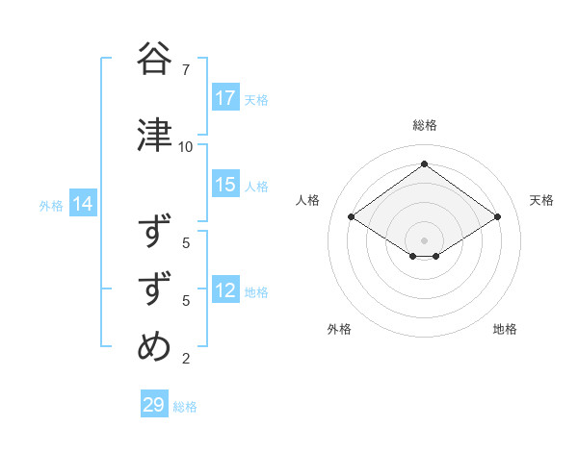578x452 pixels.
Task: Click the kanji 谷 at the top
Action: pyautogui.click(x=155, y=59)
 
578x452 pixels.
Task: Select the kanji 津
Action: pyautogui.click(x=155, y=135)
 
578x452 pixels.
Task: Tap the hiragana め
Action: pyautogui.click(x=155, y=345)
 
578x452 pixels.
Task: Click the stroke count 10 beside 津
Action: pyautogui.click(x=185, y=146)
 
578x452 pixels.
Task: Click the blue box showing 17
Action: pyautogui.click(x=225, y=98)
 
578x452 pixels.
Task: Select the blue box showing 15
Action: pyautogui.click(x=225, y=185)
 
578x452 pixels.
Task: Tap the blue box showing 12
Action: pyautogui.click(x=225, y=290)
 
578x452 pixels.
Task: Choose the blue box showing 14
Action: pyautogui.click(x=82, y=204)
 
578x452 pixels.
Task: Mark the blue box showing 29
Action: pyautogui.click(x=154, y=405)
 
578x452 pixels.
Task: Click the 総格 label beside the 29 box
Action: pyautogui.click(x=185, y=407)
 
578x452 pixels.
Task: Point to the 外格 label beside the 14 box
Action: pyautogui.click(x=51, y=205)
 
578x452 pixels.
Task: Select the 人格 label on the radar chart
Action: pyautogui.click(x=308, y=200)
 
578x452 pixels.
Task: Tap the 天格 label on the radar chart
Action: pyautogui.click(x=541, y=200)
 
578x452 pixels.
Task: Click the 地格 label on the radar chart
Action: pyautogui.click(x=505, y=329)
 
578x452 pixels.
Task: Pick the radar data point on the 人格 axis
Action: pyautogui.click(x=351, y=217)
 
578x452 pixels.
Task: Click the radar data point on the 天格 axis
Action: pyautogui.click(x=497, y=217)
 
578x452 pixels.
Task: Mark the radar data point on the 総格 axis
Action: pyautogui.click(x=424, y=164)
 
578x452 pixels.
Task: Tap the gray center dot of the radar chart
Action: pyautogui.click(x=424, y=239)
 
